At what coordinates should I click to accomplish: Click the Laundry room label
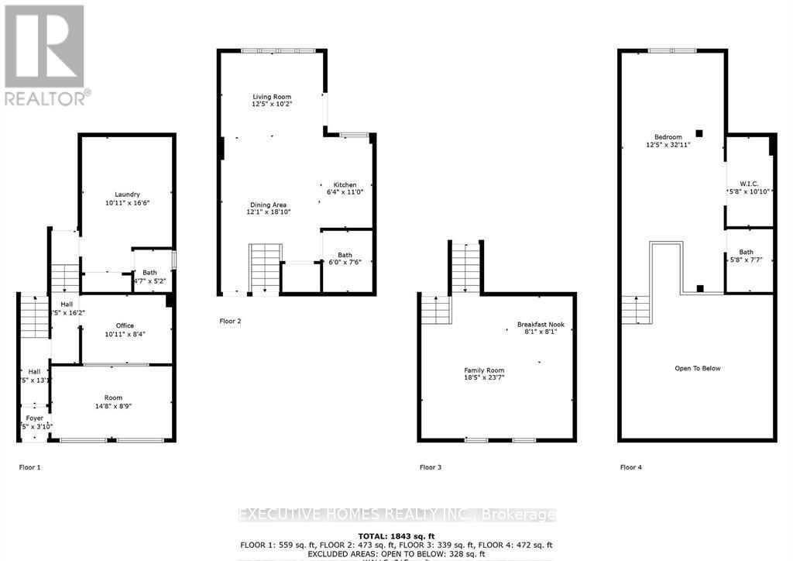tap(127, 194)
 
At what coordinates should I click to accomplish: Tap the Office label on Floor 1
tap(125, 325)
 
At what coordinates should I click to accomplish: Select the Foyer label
tap(34, 418)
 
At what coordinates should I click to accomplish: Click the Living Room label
tap(271, 97)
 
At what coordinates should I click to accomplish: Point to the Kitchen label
tap(345, 184)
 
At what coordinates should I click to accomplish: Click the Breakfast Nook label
tap(537, 325)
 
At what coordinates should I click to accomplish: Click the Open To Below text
tap(697, 368)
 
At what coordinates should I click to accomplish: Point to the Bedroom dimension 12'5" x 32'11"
tap(668, 144)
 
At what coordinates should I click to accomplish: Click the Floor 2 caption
tap(231, 320)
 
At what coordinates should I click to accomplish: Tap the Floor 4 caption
tap(632, 467)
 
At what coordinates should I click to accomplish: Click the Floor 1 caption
tap(29, 467)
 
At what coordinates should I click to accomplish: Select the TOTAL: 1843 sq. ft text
tap(396, 535)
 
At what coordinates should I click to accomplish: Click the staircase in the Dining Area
tap(265, 268)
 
